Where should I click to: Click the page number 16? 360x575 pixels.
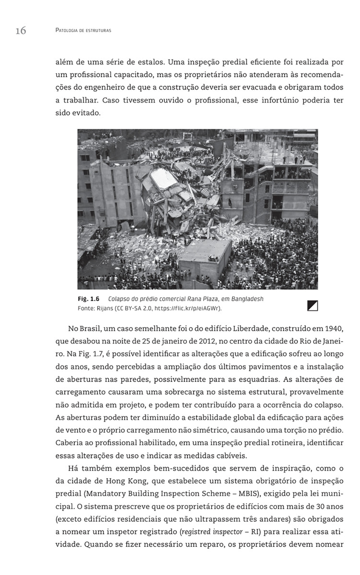(x=21, y=31)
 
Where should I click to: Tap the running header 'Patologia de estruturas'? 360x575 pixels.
(x=83, y=31)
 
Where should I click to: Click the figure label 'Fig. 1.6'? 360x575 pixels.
(x=88, y=299)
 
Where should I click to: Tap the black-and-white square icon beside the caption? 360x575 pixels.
(x=313, y=305)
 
